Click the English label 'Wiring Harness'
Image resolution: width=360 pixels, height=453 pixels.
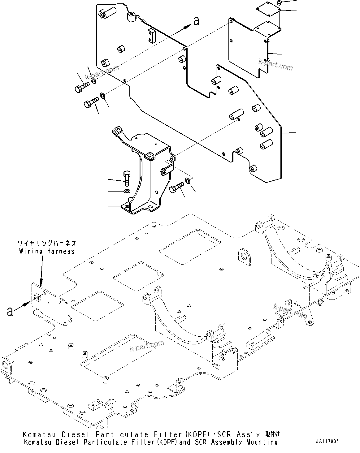pyautogui.click(x=47, y=251)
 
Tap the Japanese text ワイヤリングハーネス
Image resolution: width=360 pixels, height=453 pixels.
pyautogui.click(x=47, y=244)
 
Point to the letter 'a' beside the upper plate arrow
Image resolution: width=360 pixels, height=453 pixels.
pyautogui.click(x=196, y=21)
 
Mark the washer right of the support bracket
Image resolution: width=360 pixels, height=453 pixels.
pyautogui.click(x=188, y=180)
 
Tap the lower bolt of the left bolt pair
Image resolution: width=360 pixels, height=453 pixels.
pyautogui.click(x=91, y=102)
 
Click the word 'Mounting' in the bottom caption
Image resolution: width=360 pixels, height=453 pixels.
pyautogui.click(x=262, y=442)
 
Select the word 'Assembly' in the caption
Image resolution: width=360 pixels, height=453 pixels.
pyautogui.click(x=226, y=442)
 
